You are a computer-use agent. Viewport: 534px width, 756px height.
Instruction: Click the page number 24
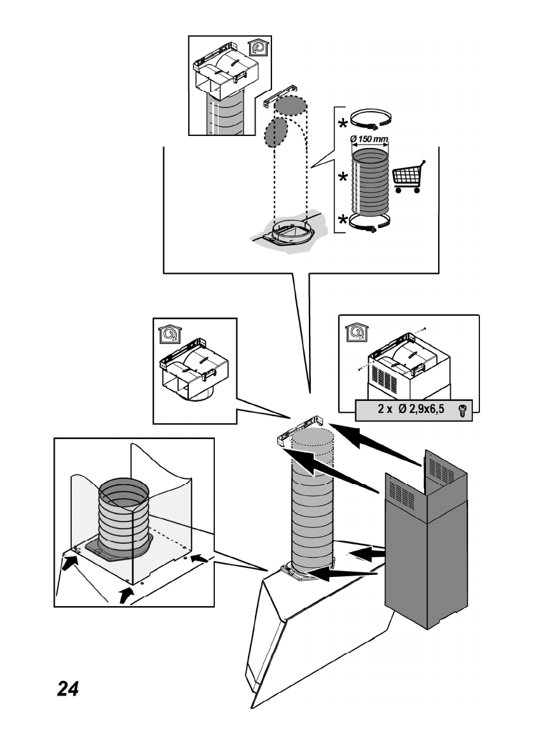68,688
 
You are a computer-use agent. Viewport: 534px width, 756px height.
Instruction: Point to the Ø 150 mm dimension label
370,138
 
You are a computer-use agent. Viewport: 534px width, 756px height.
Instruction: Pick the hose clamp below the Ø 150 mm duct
369,223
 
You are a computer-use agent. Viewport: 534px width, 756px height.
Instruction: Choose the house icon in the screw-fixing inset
354,331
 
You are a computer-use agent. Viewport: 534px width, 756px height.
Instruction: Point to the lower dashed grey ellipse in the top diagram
275,132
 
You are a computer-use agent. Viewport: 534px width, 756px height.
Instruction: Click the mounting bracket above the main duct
301,431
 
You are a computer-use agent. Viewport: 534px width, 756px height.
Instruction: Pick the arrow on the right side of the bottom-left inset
199,557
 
